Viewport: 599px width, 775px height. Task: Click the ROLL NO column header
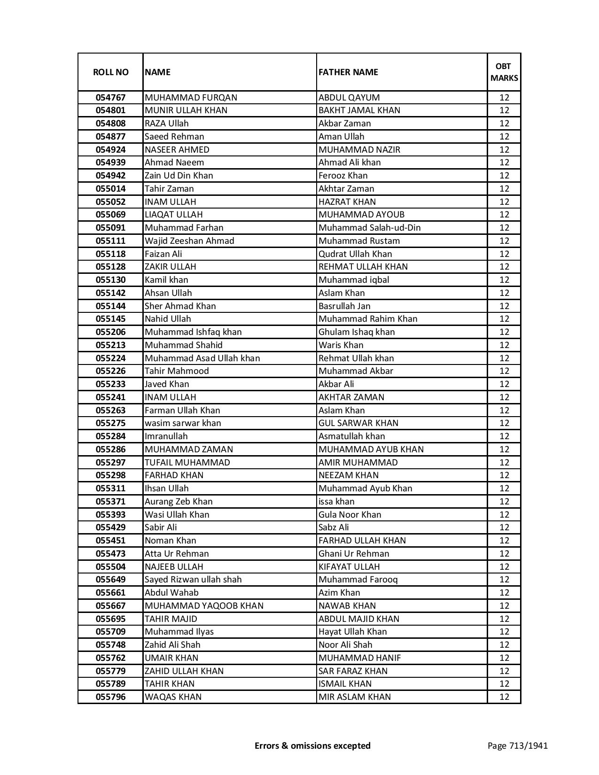110,72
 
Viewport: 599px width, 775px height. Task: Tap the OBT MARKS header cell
504,72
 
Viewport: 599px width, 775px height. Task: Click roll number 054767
110,98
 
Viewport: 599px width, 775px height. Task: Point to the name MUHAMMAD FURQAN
191,98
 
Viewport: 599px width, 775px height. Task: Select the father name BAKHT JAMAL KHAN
359,110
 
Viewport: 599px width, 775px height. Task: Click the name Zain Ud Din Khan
179,176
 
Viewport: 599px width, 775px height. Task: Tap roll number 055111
110,241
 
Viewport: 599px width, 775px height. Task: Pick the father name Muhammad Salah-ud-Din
369,228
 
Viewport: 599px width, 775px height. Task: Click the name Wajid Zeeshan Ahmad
189,241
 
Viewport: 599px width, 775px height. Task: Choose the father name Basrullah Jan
344,306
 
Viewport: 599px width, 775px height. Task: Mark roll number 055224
110,358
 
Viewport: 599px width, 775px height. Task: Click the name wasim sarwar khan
183,423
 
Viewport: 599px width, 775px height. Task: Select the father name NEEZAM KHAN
348,475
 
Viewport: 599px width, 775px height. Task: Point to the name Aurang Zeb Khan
179,502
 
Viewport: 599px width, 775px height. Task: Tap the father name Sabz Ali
334,527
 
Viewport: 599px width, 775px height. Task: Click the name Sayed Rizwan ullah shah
193,580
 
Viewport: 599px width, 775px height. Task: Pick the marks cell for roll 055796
504,697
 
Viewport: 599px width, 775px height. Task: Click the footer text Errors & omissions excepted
312,745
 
